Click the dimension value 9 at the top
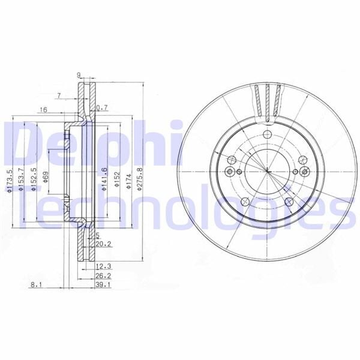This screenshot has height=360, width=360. point(79,74)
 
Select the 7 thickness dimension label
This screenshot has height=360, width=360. point(59,95)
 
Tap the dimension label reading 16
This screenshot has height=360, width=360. point(43,110)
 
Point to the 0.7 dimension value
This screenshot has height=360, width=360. point(103,107)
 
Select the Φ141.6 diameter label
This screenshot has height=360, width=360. point(104,178)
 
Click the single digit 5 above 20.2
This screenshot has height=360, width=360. point(97,235)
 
